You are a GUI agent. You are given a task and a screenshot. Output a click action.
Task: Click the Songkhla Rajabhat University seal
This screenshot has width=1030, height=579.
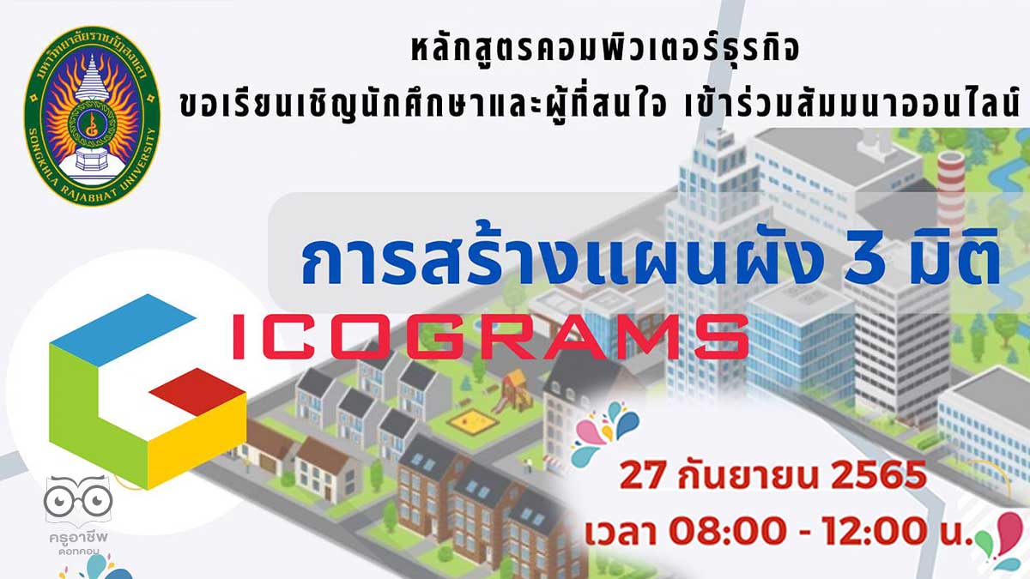(x=92, y=115)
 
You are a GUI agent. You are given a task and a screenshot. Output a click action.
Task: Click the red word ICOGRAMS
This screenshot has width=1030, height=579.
(x=491, y=337)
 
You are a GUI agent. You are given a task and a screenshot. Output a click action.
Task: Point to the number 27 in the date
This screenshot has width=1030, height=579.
(x=642, y=475)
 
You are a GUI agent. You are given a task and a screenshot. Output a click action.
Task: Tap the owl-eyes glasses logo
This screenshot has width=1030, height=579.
(x=78, y=500)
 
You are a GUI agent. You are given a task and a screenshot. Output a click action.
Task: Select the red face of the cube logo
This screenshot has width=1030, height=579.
(x=197, y=391)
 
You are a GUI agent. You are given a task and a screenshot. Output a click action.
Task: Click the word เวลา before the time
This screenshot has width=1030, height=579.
(x=620, y=532)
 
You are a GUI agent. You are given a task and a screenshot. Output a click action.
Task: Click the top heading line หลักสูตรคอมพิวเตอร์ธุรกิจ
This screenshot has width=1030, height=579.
(x=605, y=47)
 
